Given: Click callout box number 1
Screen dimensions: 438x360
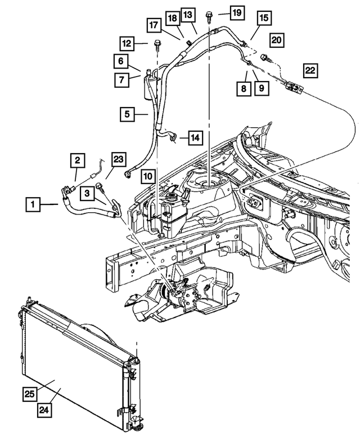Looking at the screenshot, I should click(33, 205).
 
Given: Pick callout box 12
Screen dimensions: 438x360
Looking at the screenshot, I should click(128, 42).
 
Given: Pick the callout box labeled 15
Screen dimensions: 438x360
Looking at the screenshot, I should click(263, 19).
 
